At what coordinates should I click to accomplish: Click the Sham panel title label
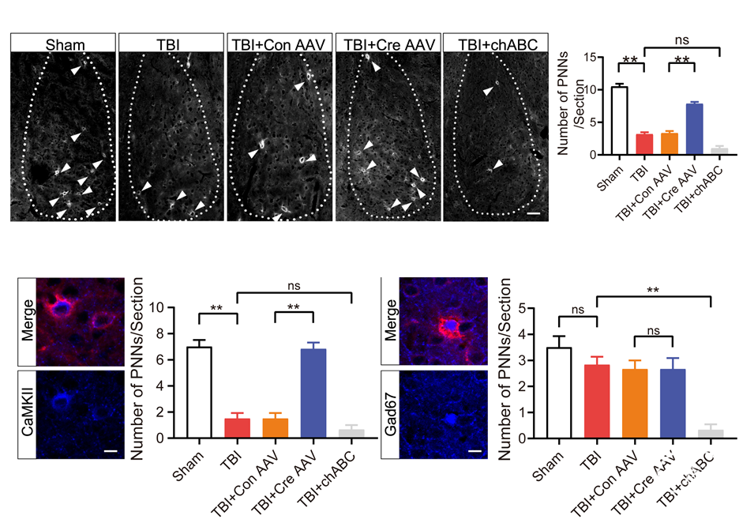point(66,43)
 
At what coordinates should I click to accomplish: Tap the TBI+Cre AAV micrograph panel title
point(389,43)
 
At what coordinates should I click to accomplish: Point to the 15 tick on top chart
point(588,57)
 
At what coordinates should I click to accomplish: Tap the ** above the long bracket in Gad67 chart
point(653,290)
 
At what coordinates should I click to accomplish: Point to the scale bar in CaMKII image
point(111,452)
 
